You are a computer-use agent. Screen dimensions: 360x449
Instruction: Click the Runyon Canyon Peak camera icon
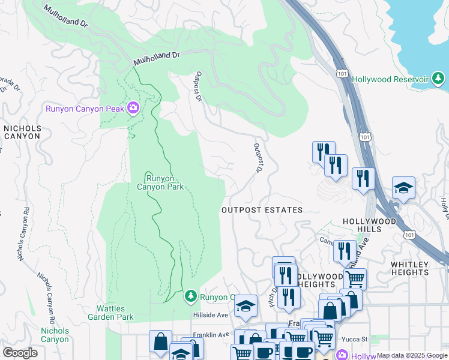133,109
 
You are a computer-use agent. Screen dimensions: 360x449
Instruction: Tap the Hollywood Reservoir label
390,79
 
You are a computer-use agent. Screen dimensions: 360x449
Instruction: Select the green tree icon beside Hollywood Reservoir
439,79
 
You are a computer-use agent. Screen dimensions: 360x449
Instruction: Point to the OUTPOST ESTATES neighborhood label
262,210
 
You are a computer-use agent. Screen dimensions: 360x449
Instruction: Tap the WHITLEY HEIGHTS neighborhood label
418,268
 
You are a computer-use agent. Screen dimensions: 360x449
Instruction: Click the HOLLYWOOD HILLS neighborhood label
370,225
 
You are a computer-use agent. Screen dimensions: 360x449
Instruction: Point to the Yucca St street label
356,339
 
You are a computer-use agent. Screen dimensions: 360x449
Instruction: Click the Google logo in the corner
20,352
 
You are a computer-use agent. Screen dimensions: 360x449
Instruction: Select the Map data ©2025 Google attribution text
412,355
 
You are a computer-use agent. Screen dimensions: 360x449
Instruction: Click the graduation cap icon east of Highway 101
403,187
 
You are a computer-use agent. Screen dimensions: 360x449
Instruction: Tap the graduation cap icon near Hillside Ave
246,306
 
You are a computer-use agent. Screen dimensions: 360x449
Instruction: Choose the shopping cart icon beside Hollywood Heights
355,278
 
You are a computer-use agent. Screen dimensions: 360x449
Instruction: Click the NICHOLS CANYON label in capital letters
22,132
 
